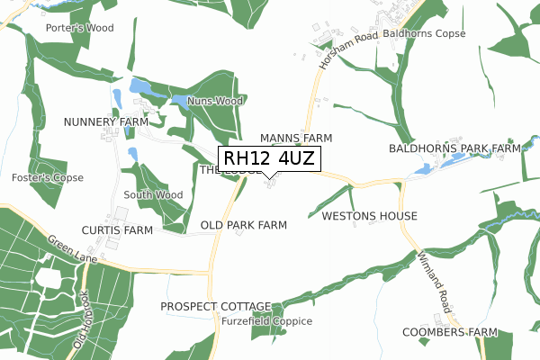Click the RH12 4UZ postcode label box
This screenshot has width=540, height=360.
(x=268, y=159)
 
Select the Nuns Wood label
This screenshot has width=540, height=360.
(x=215, y=102)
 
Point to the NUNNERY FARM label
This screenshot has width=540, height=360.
(x=106, y=121)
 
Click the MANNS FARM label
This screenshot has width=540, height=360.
(x=296, y=138)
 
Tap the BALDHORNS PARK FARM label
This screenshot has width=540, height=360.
(x=455, y=148)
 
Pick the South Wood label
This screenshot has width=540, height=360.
(x=153, y=194)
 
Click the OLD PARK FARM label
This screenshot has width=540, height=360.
(x=244, y=225)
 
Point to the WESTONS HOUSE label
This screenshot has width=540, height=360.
(x=369, y=216)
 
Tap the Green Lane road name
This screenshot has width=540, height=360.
(x=66, y=245)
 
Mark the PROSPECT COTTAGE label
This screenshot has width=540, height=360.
(x=216, y=307)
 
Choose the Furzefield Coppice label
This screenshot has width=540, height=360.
(x=268, y=321)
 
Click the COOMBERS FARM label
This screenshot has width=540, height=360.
(x=451, y=332)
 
